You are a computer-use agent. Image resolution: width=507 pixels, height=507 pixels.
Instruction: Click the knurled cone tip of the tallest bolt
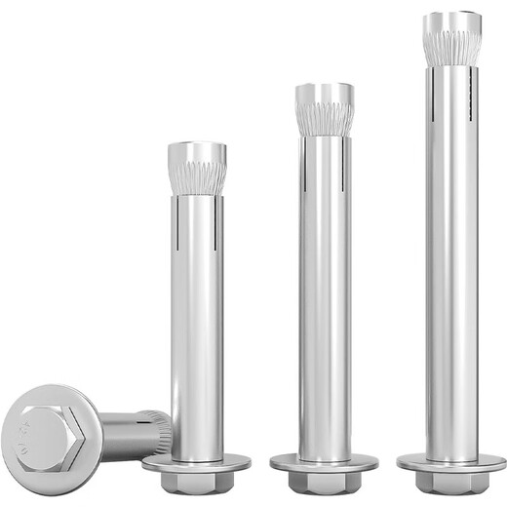[451, 39]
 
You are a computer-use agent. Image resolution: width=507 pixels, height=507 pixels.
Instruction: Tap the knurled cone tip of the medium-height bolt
[325, 109]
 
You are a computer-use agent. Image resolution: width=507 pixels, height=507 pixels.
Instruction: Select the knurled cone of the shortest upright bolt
[196, 168]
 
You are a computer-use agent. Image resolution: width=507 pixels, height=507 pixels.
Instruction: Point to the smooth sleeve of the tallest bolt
[451, 273]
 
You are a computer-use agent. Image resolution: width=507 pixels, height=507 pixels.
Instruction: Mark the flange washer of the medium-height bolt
[325, 463]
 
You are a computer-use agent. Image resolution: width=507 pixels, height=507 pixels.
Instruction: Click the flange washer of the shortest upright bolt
[196, 463]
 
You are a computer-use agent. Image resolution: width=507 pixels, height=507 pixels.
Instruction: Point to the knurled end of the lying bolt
[159, 429]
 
